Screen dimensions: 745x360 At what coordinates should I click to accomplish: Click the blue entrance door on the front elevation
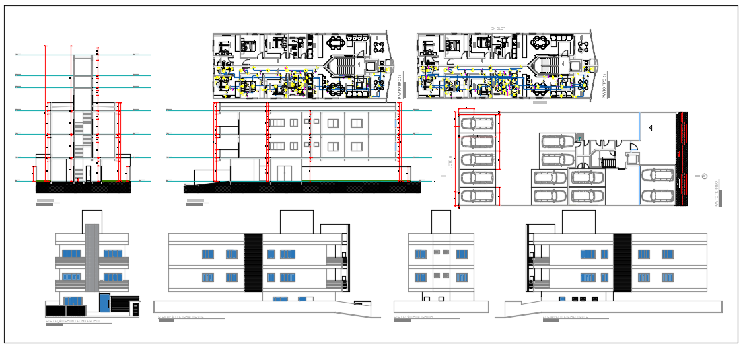[x=104, y=303]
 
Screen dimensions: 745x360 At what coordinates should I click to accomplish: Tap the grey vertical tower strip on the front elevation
[x=92, y=258]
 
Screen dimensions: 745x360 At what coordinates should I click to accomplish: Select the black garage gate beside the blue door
[x=120, y=304]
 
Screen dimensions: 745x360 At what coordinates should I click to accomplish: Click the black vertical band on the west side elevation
[x=253, y=262]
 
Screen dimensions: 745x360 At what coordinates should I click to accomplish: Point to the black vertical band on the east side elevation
[x=621, y=262]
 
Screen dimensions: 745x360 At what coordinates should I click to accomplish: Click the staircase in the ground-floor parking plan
[x=608, y=162]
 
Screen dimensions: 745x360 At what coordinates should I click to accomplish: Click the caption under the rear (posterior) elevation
[x=413, y=317]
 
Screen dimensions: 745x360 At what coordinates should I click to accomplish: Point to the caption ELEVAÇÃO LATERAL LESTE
[x=565, y=317]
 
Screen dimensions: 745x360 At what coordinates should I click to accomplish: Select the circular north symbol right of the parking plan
[x=704, y=176]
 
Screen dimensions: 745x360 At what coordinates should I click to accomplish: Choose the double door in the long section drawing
[x=284, y=173]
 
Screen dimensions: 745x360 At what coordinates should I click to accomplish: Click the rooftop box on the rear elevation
[x=441, y=222]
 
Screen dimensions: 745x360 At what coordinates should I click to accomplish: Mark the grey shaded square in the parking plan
[x=580, y=137]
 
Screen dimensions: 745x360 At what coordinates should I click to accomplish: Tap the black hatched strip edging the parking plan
[x=683, y=159]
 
